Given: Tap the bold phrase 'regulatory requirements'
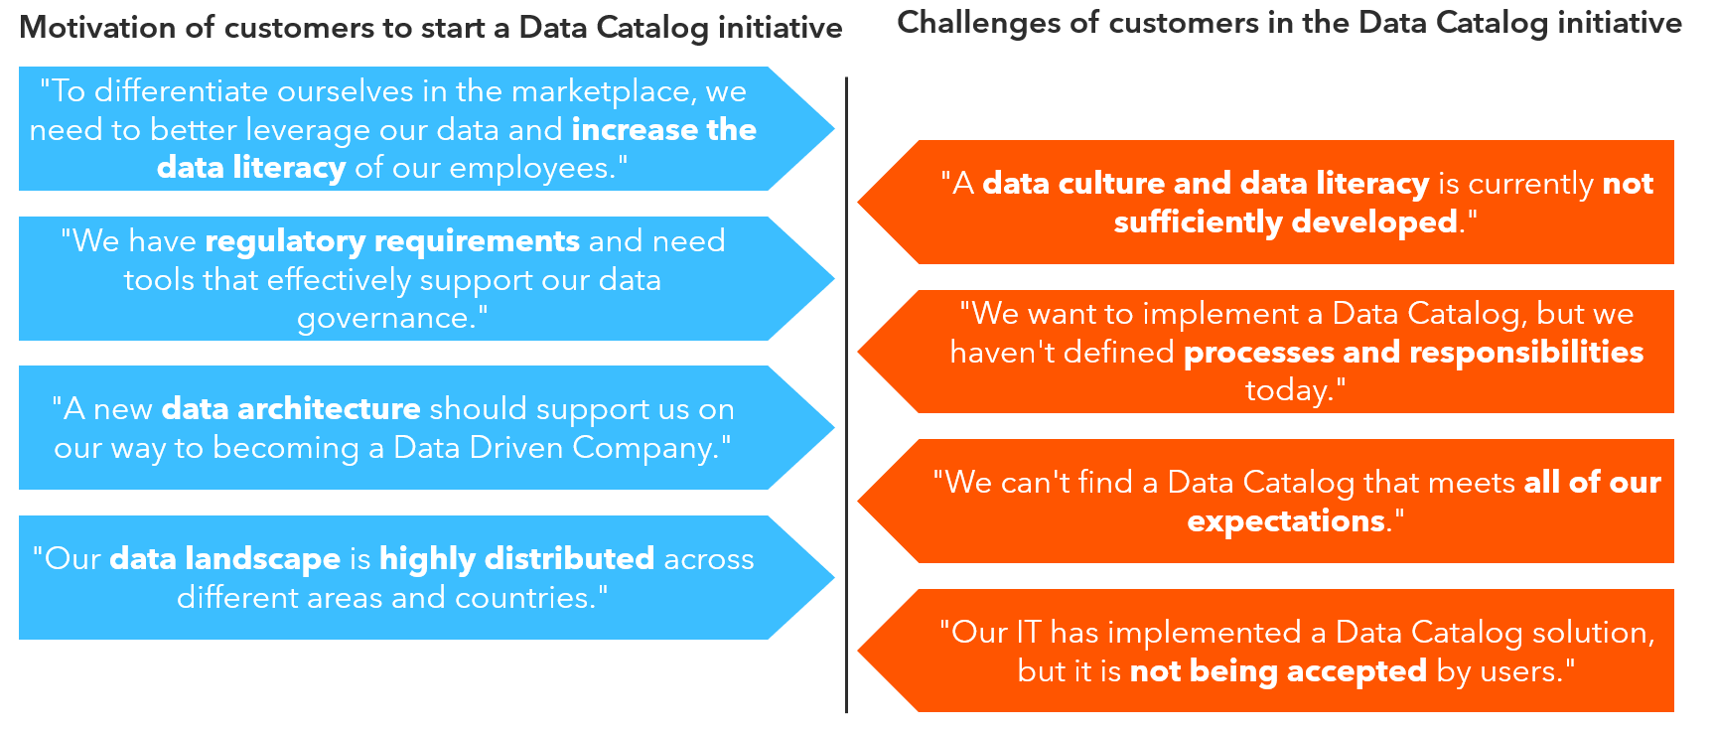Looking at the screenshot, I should (392, 241).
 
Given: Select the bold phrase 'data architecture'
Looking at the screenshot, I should (291, 408).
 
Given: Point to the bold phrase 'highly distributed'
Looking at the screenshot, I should (516, 558).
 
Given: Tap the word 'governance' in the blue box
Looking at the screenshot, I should (384, 318).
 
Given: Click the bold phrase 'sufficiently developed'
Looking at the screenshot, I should (1286, 221).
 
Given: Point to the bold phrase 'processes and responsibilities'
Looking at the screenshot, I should (1413, 352).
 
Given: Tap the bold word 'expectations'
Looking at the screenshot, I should (1286, 521).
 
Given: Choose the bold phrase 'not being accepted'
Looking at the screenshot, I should (1278, 671).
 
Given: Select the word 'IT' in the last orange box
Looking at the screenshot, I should (1028, 633).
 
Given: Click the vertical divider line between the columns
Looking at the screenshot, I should (846, 397).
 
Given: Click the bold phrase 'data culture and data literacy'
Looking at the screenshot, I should (1205, 184).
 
